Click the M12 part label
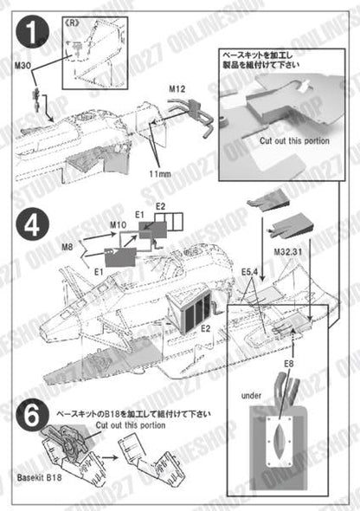pos(178,88)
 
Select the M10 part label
pos(119,226)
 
